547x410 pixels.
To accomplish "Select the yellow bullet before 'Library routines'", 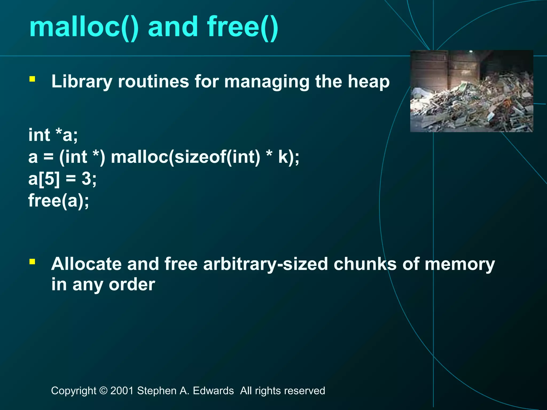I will pyautogui.click(x=32, y=79).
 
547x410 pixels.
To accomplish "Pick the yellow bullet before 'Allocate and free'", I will pyautogui.click(x=32, y=262).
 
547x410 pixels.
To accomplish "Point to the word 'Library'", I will pyautogui.click(x=81, y=82).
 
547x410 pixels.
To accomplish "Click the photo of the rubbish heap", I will pyautogui.click(x=471, y=91).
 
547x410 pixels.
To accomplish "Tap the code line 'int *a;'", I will pyautogui.click(x=53, y=135).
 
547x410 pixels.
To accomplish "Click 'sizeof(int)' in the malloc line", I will pyautogui.click(x=217, y=157).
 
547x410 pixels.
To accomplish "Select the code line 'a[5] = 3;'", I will pyautogui.click(x=62, y=179).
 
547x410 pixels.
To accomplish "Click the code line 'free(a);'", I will pyautogui.click(x=59, y=201).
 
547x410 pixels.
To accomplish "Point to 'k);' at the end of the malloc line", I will pyautogui.click(x=288, y=157).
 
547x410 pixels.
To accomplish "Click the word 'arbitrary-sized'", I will pyautogui.click(x=265, y=264).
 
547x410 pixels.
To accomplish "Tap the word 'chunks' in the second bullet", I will pyautogui.click(x=365, y=264).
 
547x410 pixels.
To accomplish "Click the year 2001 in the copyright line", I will pyautogui.click(x=122, y=391).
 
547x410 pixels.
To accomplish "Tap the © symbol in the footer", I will pyautogui.click(x=103, y=391).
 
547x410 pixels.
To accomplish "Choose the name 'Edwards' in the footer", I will pyautogui.click(x=213, y=391).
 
